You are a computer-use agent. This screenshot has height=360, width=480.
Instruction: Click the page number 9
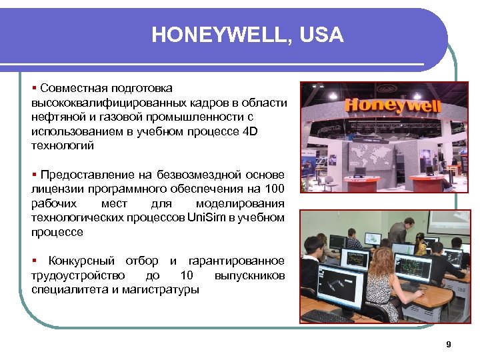coord(448,345)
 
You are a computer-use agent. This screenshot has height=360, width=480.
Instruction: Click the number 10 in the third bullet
coord(187,275)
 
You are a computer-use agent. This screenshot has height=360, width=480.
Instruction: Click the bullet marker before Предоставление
coord(34,174)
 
